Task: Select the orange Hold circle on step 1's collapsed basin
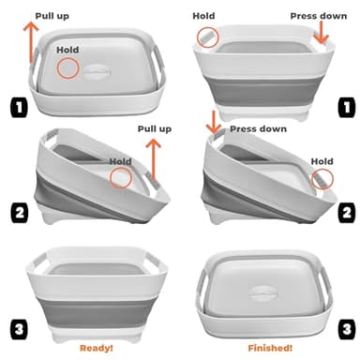pos(69,68)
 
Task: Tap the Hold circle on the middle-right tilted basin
pos(322,180)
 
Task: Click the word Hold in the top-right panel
pos(203,16)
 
